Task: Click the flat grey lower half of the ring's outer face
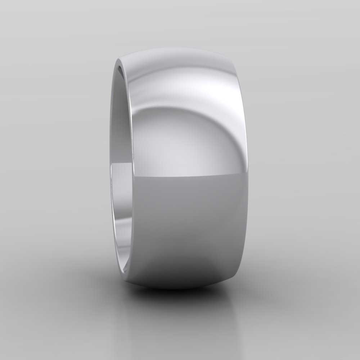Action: (x=187, y=223)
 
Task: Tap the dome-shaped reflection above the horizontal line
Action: (x=173, y=144)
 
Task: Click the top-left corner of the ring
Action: (x=121, y=59)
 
